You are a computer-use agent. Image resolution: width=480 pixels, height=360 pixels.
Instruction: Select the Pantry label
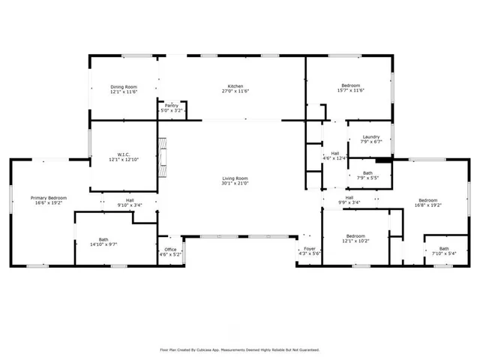[172, 106]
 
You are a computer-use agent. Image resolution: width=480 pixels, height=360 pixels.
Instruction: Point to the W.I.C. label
[124, 154]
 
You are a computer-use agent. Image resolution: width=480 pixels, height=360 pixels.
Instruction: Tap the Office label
[171, 250]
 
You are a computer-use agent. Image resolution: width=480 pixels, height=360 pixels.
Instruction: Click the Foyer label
[310, 249]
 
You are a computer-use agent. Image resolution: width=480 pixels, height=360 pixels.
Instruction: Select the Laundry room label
[371, 136]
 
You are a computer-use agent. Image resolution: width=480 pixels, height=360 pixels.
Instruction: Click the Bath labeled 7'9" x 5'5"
[367, 173]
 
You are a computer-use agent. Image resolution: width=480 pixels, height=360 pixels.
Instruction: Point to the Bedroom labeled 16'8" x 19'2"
[428, 200]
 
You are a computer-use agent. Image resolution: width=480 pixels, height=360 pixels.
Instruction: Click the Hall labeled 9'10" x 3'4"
[130, 200]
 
